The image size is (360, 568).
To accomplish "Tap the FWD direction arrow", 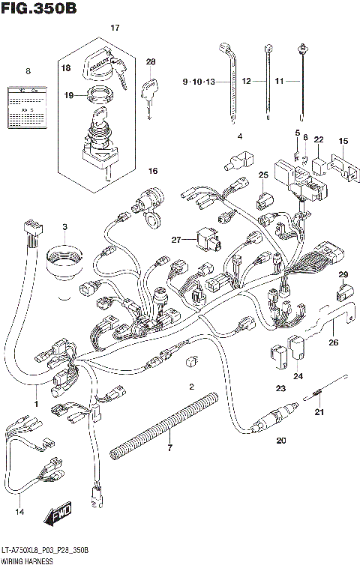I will (56, 514).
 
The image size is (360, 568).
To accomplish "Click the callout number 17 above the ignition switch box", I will (115, 28).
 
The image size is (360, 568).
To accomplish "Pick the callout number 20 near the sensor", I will (281, 440).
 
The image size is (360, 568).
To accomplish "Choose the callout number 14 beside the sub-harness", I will (19, 512).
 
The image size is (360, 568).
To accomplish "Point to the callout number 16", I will (153, 172).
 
